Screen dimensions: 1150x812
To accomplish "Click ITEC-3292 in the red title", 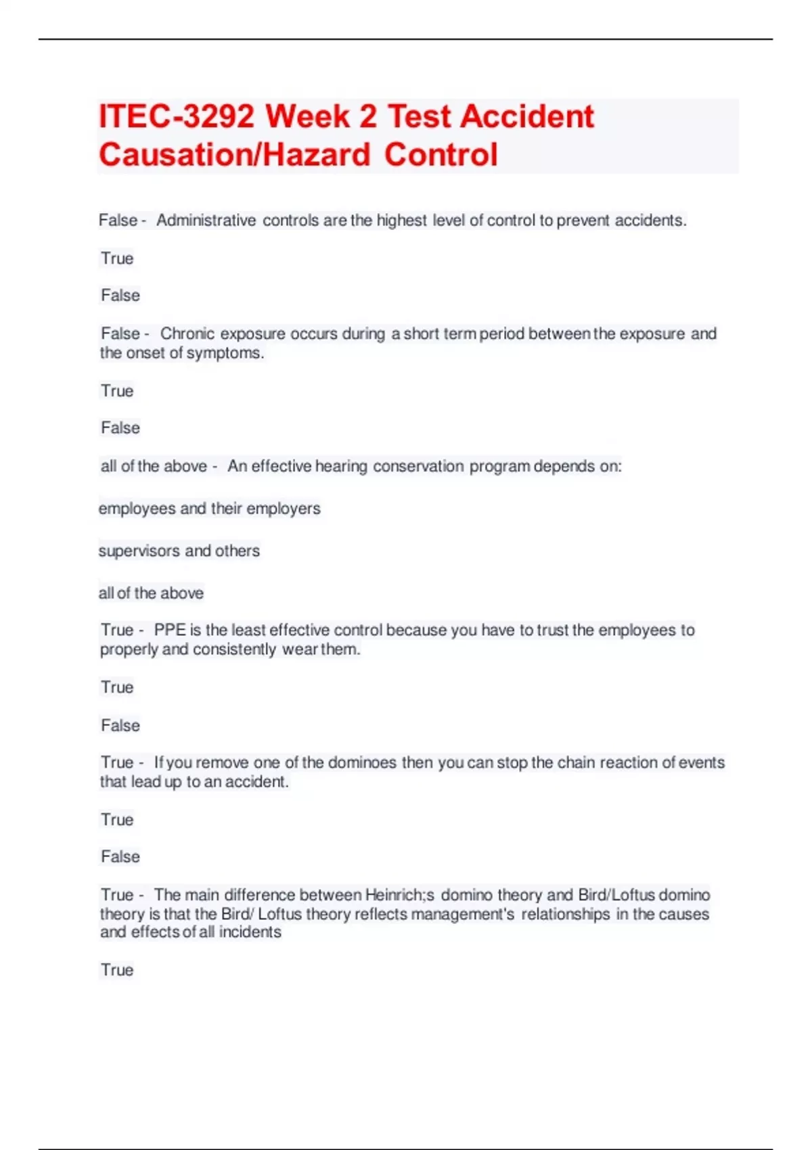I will pos(177,116).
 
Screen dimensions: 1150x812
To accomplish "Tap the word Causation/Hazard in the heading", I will pos(234,155).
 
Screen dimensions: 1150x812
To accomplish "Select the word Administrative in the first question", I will pos(206,221).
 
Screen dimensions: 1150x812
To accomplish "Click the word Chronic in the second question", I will pos(187,333).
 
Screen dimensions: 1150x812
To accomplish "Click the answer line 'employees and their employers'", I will pos(209,508).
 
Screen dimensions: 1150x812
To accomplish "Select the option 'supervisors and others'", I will pos(179,551).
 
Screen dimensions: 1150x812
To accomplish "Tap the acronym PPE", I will pos(169,630).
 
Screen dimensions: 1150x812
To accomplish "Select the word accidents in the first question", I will pos(650,221).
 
